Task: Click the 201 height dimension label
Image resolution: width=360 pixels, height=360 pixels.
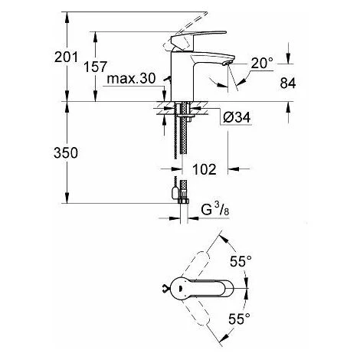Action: [x=66, y=57]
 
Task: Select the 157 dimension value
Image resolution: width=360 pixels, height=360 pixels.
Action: [x=96, y=67]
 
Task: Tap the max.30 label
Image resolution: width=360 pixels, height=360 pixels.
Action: [x=131, y=79]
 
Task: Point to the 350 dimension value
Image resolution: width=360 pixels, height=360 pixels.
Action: [x=66, y=153]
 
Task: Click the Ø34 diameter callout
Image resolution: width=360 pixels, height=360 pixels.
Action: [x=237, y=117]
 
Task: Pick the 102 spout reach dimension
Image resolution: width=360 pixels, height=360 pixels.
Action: [x=205, y=169]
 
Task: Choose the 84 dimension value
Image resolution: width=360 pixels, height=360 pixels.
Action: [x=288, y=83]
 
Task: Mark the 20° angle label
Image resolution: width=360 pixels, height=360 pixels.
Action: [x=262, y=63]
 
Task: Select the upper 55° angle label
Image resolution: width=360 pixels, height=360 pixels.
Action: [x=241, y=261]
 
